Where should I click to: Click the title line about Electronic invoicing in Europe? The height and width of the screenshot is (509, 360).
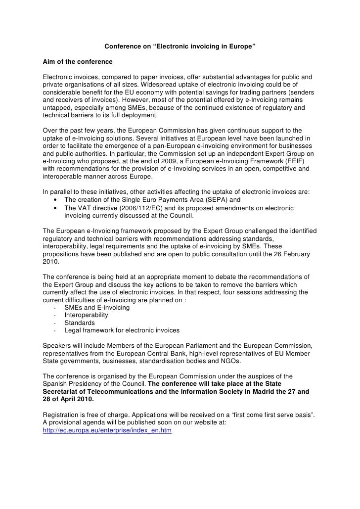[x=180, y=47]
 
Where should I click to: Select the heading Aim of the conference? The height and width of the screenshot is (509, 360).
[x=78, y=62]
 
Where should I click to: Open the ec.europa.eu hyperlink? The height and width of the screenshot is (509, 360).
[x=107, y=431]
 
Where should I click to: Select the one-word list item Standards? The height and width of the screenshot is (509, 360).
[x=80, y=323]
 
